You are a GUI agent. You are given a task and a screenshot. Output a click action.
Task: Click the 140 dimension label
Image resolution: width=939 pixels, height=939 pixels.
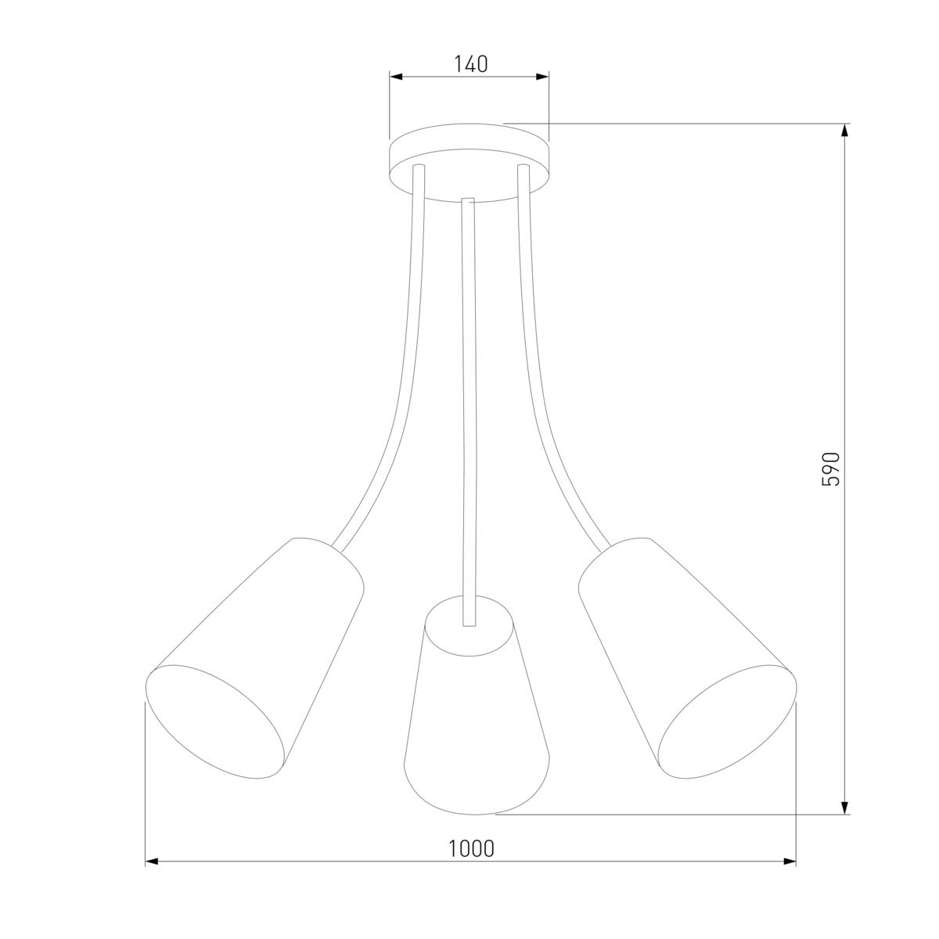tap(471, 64)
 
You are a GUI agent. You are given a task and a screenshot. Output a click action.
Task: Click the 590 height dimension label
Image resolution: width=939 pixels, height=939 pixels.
tap(831, 469)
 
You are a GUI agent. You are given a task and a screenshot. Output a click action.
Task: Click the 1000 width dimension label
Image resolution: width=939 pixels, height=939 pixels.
tap(471, 848)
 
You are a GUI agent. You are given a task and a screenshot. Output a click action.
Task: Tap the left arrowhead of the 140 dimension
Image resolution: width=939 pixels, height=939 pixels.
tap(396, 77)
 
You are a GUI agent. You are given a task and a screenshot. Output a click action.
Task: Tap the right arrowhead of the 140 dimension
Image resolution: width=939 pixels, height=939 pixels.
tap(542, 77)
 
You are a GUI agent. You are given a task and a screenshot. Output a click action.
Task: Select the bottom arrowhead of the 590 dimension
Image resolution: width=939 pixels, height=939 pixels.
tap(845, 808)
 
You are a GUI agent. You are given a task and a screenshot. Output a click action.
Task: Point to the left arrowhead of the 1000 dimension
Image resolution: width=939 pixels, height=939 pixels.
tap(152, 862)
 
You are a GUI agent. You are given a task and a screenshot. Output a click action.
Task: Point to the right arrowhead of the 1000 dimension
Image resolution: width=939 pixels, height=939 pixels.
tap(790, 862)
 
